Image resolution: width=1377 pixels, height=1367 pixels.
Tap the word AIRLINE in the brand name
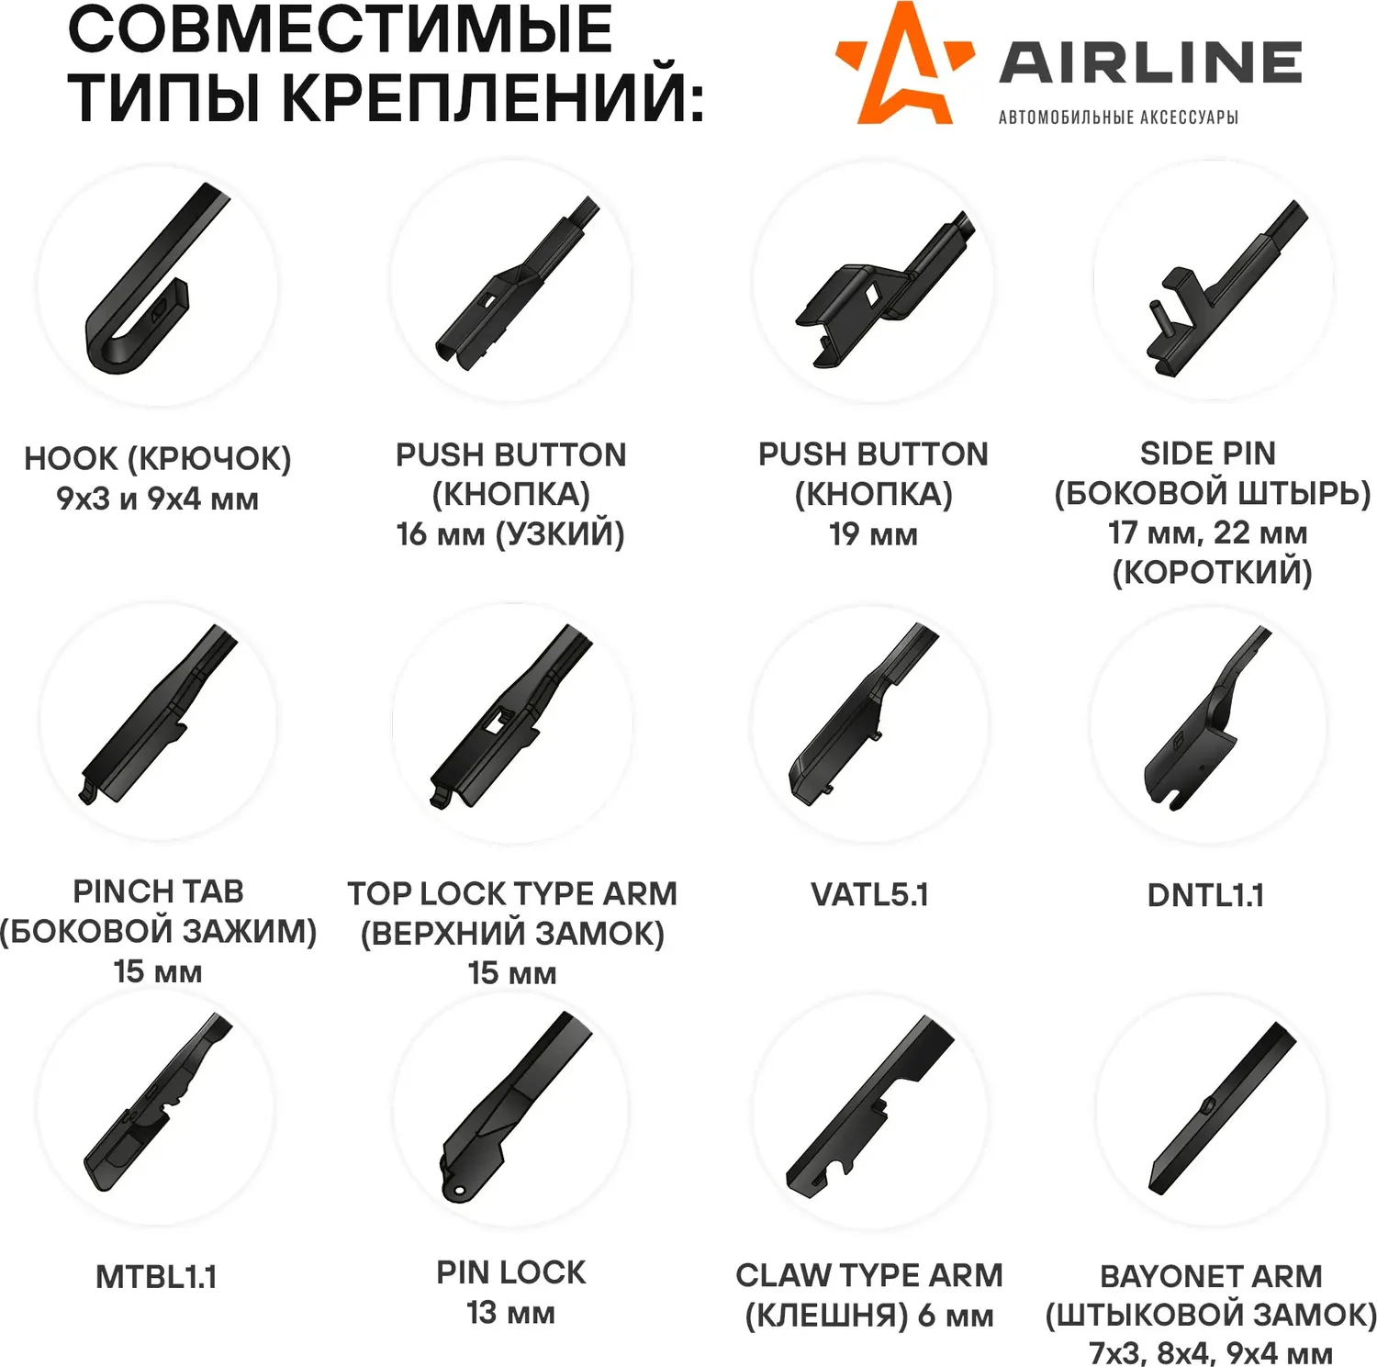tap(1150, 62)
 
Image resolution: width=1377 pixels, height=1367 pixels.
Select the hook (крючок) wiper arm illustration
tap(151, 285)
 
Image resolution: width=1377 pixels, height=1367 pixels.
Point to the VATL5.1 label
tap(869, 894)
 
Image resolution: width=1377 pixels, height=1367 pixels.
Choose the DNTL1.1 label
tap(1205, 895)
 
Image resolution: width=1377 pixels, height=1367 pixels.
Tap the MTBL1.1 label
tap(156, 1277)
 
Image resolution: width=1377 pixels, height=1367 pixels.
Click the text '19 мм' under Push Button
tap(873, 534)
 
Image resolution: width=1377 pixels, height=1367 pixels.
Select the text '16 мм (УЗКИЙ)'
tap(510, 534)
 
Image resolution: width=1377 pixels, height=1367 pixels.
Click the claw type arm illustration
tap(868, 1106)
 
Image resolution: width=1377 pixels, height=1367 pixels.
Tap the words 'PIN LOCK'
tap(510, 1272)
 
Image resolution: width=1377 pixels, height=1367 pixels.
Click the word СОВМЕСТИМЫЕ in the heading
tap(340, 29)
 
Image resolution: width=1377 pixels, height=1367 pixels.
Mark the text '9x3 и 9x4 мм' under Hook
tap(157, 499)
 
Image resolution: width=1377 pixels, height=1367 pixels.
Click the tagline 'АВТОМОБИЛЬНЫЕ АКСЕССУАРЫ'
tap(1118, 118)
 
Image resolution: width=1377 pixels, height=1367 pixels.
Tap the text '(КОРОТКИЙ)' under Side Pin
tap(1212, 573)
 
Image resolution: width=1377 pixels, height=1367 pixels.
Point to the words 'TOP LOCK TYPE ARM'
tap(512, 893)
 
